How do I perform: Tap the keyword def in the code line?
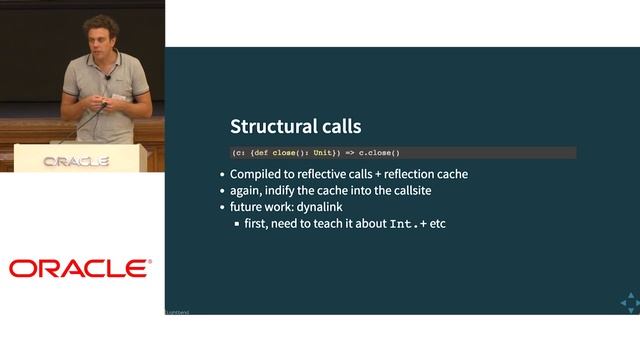(258, 153)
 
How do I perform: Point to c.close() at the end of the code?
(379, 153)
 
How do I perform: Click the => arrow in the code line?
(350, 153)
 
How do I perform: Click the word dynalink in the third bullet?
(322, 207)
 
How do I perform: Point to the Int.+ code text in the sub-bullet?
(405, 223)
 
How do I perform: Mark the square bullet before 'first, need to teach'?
(237, 224)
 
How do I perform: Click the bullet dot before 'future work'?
(222, 207)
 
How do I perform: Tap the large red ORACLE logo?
(80, 268)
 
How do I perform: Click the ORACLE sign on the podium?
(75, 161)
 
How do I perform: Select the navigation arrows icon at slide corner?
(629, 301)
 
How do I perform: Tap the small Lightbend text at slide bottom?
(177, 312)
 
